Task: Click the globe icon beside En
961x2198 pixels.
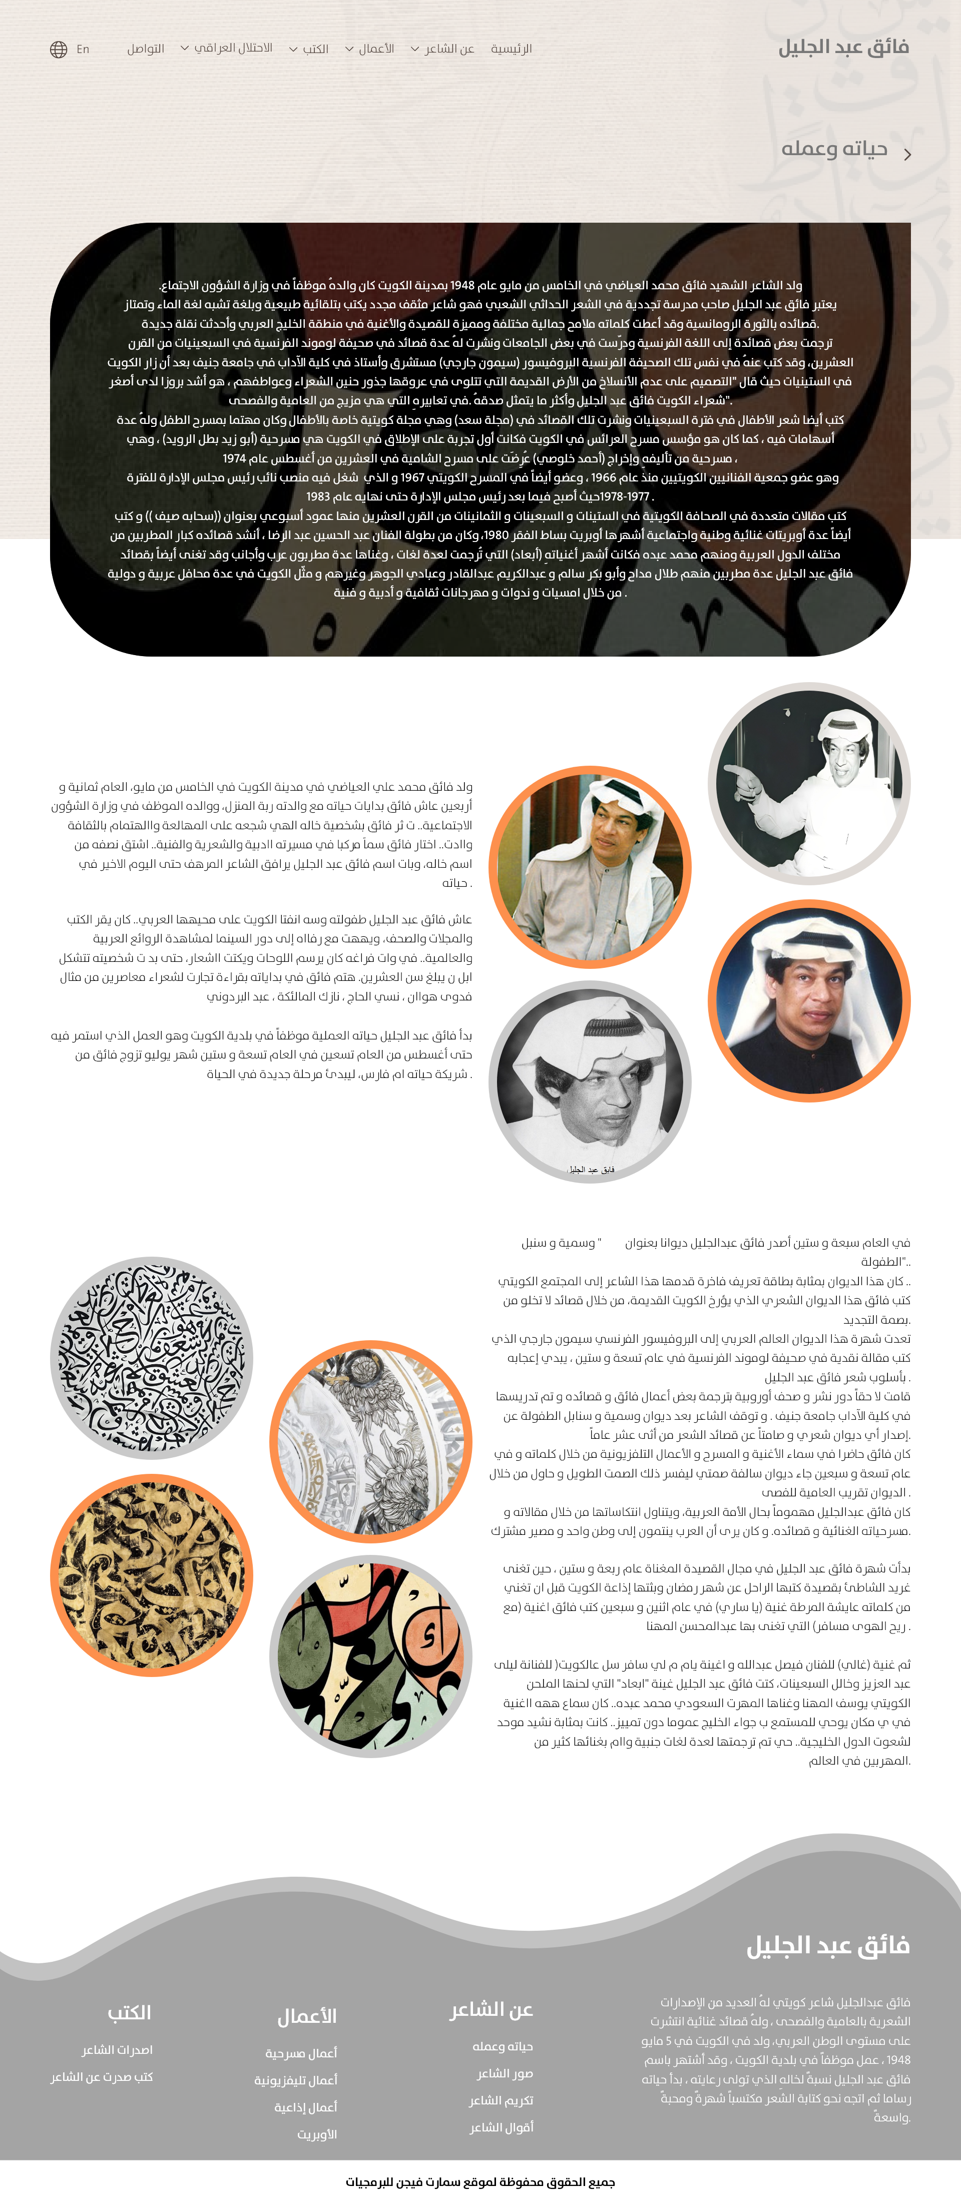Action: [58, 50]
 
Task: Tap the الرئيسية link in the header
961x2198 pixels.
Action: [511, 49]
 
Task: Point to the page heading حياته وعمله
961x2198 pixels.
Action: [834, 149]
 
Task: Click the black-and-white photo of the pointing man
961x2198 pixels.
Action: [808, 783]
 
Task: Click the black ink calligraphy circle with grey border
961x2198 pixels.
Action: [152, 1358]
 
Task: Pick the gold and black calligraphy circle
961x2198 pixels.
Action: [152, 1575]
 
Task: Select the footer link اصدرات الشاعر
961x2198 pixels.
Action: [117, 2049]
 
